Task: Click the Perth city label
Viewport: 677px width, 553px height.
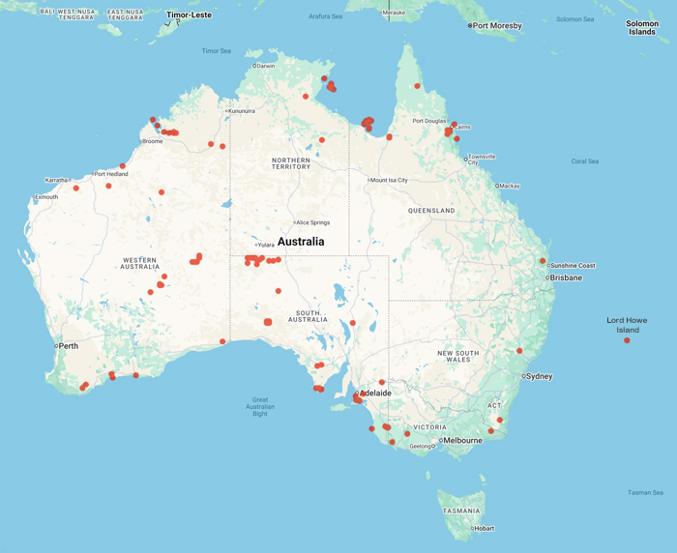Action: (x=69, y=345)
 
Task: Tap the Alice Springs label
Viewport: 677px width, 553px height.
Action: (x=311, y=222)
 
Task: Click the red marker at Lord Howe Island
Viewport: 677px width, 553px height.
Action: (x=627, y=340)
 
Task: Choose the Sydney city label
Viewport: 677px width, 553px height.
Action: (x=539, y=376)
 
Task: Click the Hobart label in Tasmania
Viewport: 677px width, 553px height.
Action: (x=484, y=528)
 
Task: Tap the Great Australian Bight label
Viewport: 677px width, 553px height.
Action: (x=260, y=406)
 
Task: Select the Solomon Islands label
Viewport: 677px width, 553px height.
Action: (x=641, y=27)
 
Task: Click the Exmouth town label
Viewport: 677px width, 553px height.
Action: (x=45, y=197)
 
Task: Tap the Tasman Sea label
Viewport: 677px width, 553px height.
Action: (x=645, y=492)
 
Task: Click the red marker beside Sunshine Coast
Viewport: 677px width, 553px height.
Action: (x=543, y=261)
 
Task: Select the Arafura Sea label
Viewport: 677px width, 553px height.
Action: (x=325, y=16)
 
